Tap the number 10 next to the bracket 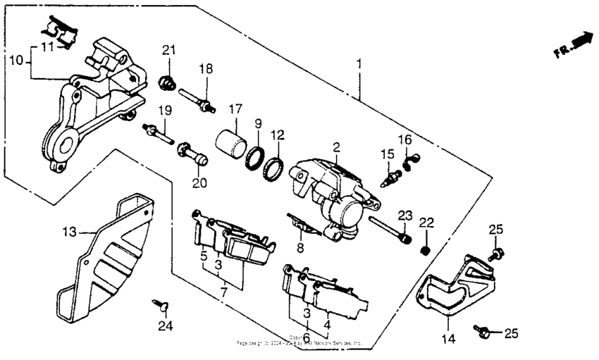[x=16, y=61]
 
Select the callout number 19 [x=165, y=110]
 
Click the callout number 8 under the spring [x=300, y=247]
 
